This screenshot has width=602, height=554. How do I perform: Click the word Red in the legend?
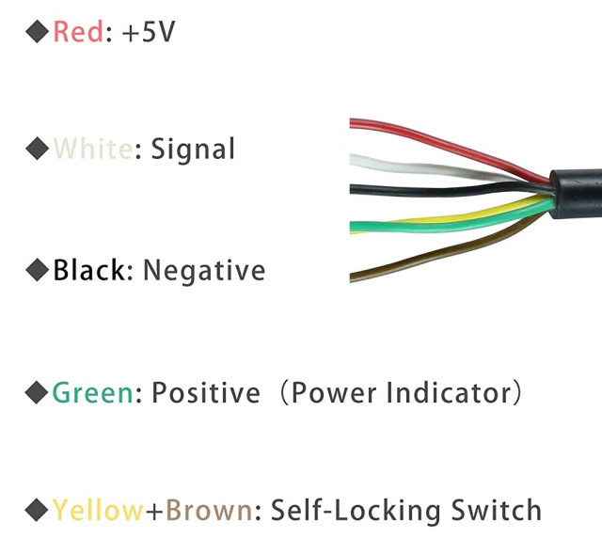coord(78,31)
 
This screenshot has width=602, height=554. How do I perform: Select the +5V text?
coord(149,31)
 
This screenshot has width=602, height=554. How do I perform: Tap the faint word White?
coord(92,149)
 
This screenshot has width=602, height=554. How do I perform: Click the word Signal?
coord(192,150)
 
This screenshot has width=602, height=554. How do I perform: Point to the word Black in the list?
coord(88,270)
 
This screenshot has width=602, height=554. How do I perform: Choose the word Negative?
coord(204,271)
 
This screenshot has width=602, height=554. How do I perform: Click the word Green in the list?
coord(92,392)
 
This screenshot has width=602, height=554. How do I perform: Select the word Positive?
coord(206,392)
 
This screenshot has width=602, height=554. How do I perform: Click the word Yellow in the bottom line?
coord(98,510)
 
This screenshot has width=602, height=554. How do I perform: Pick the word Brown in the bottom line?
coord(209,510)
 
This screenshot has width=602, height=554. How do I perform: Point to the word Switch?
coord(496,510)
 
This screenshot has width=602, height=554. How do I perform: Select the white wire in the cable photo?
coord(426,168)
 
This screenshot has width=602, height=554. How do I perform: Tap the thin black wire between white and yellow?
coord(450,189)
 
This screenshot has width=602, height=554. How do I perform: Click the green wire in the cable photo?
coord(450,226)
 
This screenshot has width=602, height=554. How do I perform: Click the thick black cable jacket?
coord(576,194)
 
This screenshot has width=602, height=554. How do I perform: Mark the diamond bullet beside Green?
coord(37,392)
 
